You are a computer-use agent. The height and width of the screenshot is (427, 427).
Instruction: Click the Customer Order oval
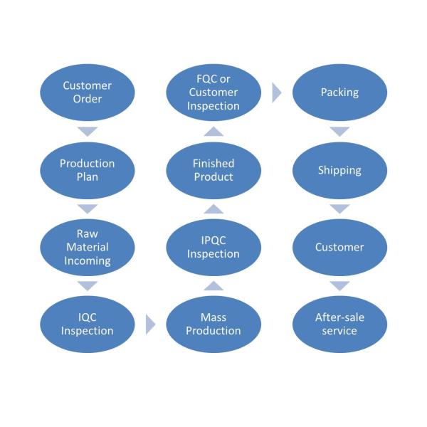pos(88,93)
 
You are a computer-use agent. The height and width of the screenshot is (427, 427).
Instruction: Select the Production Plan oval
pos(88,170)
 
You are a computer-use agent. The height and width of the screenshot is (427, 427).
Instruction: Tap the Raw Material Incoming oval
pos(88,247)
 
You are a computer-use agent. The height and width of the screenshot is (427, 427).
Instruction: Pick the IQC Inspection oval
pos(88,324)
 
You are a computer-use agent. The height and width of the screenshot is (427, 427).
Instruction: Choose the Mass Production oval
pos(213,324)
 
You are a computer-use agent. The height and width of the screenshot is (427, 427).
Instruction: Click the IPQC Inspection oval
pos(213,247)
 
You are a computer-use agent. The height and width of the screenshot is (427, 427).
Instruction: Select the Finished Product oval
pos(213,170)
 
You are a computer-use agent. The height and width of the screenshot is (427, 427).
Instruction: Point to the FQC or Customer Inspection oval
pos(213,93)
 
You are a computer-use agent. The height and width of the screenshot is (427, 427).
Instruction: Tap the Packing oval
pos(340,93)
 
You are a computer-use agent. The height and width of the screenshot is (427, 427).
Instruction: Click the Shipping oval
pos(340,170)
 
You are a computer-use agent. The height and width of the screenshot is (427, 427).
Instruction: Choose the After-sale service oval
pos(340,324)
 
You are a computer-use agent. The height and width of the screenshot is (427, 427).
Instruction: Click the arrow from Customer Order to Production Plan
pos(88,131)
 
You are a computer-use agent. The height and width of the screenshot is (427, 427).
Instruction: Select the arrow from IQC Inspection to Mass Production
pos(150,325)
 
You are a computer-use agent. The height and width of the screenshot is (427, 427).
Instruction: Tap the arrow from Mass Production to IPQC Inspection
pos(213,286)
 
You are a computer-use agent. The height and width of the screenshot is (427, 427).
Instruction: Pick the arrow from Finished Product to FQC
pos(213,131)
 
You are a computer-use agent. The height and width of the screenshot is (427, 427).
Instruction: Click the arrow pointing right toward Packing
pos(277,93)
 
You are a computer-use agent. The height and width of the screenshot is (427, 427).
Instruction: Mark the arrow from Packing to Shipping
pos(340,131)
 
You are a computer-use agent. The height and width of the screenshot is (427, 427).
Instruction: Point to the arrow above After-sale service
pos(340,286)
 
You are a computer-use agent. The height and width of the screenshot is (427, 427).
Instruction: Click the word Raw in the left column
pos(87,233)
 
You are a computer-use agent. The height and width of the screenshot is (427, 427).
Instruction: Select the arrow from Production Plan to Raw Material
pos(88,209)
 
